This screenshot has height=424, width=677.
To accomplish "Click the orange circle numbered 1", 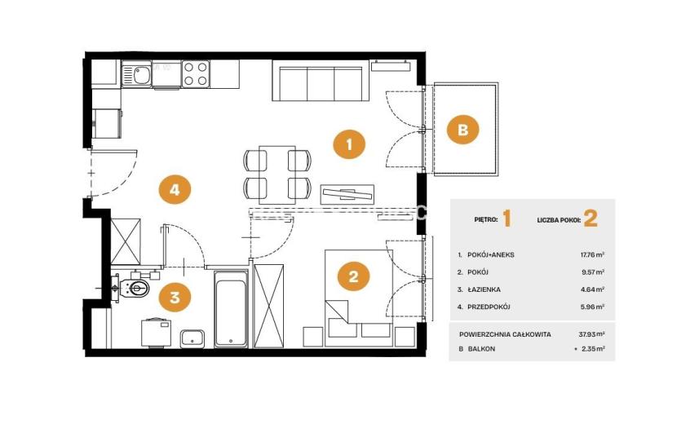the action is (x=349, y=144).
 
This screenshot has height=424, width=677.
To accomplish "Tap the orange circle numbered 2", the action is (x=354, y=276).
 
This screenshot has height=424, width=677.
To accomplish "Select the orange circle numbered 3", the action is (x=175, y=297).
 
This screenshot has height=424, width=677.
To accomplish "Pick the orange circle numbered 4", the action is (x=175, y=189).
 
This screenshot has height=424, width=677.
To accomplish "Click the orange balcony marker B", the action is (x=462, y=129).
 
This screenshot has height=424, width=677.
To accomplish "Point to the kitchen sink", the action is (x=136, y=75).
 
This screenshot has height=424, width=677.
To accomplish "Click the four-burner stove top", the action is (x=196, y=74).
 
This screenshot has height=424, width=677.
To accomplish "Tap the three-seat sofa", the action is (x=320, y=81).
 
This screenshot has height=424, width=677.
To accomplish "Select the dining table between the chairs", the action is (x=277, y=174).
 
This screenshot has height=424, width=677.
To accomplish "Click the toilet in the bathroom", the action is (x=134, y=287).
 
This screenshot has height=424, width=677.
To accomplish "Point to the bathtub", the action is (x=231, y=309).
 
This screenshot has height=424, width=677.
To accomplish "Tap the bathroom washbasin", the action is (x=192, y=338).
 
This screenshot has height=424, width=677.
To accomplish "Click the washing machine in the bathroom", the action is (x=156, y=333).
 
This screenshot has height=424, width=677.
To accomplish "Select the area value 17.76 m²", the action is (x=592, y=254).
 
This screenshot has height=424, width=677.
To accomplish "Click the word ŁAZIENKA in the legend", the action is (x=484, y=289).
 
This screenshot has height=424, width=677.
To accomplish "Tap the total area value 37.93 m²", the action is (x=592, y=334).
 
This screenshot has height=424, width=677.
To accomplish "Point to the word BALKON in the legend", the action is (x=481, y=349).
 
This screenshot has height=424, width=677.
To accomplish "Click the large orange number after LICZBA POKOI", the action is (x=591, y=219).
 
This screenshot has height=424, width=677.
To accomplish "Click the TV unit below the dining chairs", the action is (x=347, y=194).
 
